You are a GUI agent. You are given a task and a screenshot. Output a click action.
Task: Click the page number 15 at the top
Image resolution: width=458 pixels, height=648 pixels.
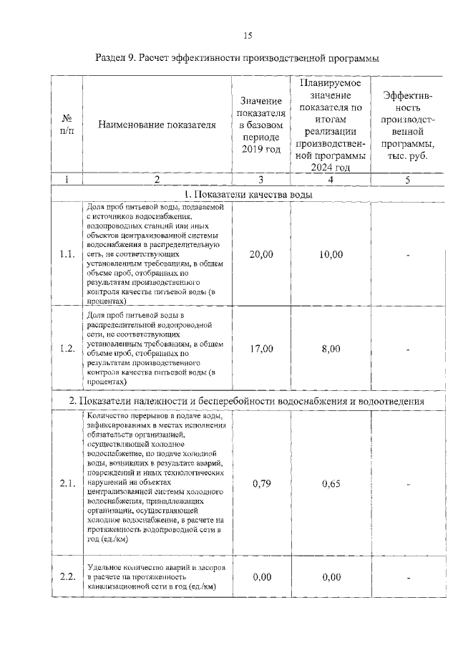pos(248,34)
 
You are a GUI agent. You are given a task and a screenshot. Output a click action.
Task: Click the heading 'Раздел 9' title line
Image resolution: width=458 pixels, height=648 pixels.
pos(237,57)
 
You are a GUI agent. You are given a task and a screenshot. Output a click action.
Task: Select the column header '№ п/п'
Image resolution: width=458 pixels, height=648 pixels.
pos(66,125)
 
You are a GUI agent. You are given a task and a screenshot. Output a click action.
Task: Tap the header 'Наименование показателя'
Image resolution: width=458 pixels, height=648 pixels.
pos(157,125)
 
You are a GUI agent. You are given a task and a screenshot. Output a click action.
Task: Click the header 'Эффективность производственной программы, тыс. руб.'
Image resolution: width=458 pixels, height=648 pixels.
pos(407,125)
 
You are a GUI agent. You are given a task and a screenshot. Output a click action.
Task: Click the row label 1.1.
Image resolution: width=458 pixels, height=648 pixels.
pos(67,254)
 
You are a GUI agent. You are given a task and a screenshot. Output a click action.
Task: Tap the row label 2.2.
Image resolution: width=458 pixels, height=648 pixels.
pos(67,577)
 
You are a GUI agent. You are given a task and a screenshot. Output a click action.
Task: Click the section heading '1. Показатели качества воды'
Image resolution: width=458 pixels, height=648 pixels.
pos(247,194)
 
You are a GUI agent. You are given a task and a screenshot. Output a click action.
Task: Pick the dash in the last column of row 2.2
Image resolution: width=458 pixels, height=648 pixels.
pos(407,577)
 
